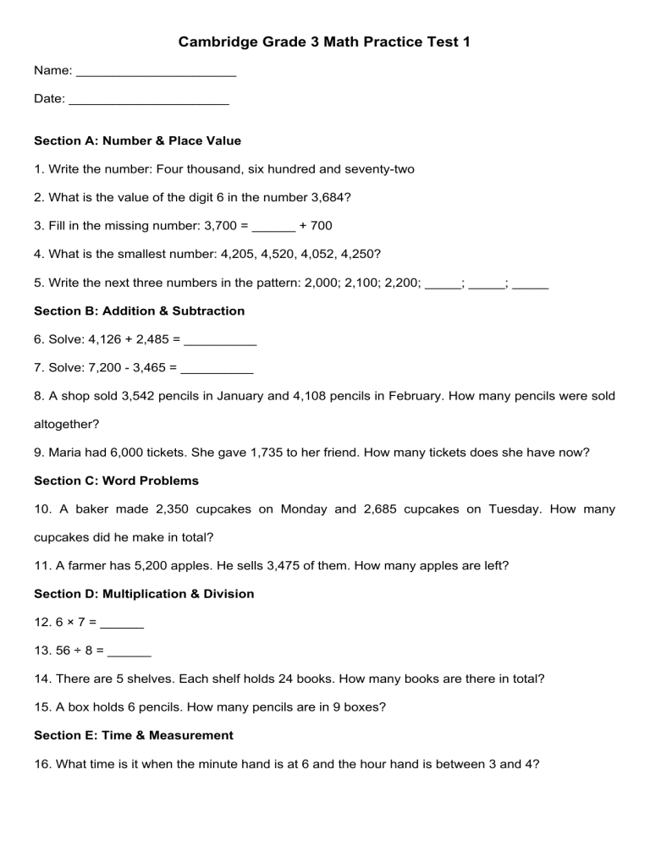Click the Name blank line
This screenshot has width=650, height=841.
point(156,74)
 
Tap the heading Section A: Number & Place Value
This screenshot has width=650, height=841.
point(137,140)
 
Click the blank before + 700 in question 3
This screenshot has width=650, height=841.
point(273,226)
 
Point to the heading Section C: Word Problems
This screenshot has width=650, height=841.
point(116,481)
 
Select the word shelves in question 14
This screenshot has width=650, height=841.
point(139,679)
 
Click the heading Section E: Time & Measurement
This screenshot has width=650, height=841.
point(133,735)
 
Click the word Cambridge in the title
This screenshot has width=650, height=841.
point(217,41)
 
